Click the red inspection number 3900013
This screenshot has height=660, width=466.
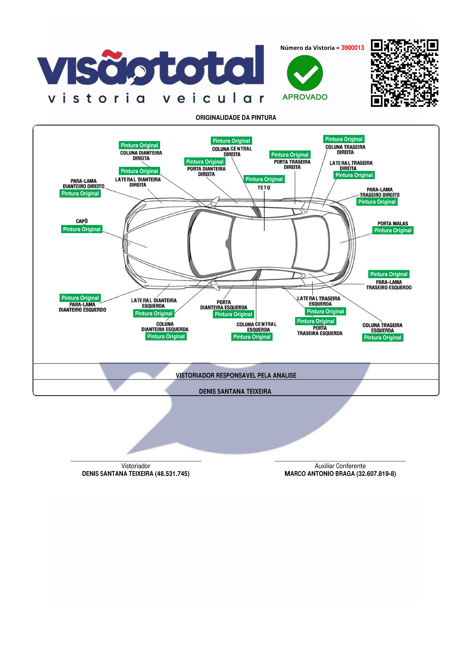(352, 48)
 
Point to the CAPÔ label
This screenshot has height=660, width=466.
(82, 221)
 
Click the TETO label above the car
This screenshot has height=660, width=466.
(264, 188)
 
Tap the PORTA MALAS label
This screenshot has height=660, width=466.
(393, 223)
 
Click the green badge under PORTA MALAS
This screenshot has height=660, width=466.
(393, 230)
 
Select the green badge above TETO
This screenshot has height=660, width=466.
(264, 179)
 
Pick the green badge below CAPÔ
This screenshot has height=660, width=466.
(82, 229)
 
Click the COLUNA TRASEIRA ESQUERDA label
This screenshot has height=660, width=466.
(382, 328)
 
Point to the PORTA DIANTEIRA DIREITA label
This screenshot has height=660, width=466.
(206, 171)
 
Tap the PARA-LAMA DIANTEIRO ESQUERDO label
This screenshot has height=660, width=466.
(82, 307)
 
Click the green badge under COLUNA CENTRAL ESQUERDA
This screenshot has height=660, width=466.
(252, 337)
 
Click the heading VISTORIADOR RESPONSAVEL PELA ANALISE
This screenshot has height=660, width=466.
(236, 375)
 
